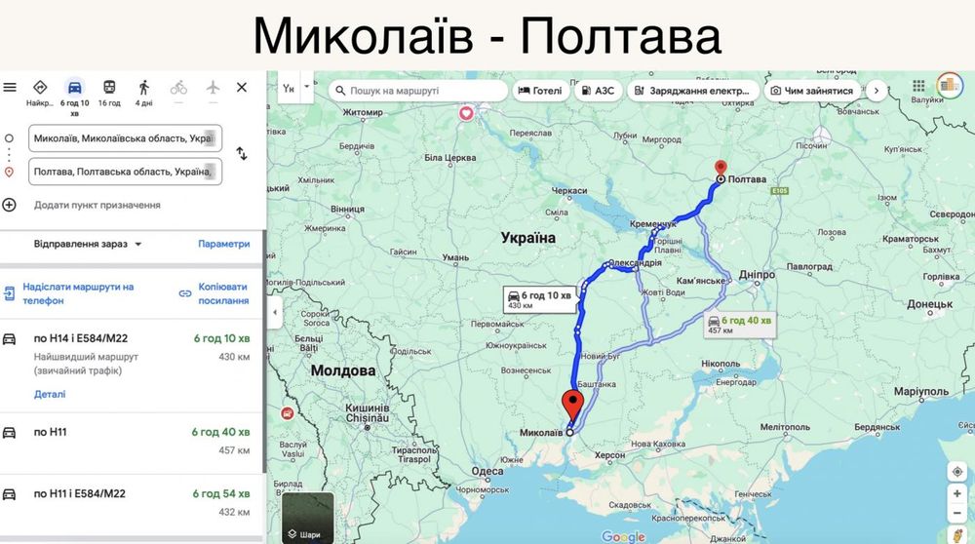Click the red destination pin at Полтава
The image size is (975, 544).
(x=721, y=169)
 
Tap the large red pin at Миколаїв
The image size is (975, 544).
(x=573, y=403)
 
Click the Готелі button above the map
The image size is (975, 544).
(x=539, y=91)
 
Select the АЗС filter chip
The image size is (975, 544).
(x=597, y=91)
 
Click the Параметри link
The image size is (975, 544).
(x=224, y=244)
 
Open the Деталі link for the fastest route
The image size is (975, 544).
(x=50, y=394)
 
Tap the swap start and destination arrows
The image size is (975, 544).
(x=242, y=154)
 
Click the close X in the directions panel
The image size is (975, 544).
(x=242, y=88)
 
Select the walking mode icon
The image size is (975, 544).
(x=143, y=88)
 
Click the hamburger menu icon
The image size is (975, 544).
(x=10, y=88)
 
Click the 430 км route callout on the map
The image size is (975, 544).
(x=538, y=299)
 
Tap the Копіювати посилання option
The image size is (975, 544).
(x=214, y=293)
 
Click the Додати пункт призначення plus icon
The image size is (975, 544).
(x=9, y=205)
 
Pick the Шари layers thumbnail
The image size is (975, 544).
(x=308, y=518)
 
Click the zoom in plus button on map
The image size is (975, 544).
(x=957, y=493)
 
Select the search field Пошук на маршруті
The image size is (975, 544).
(x=419, y=91)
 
